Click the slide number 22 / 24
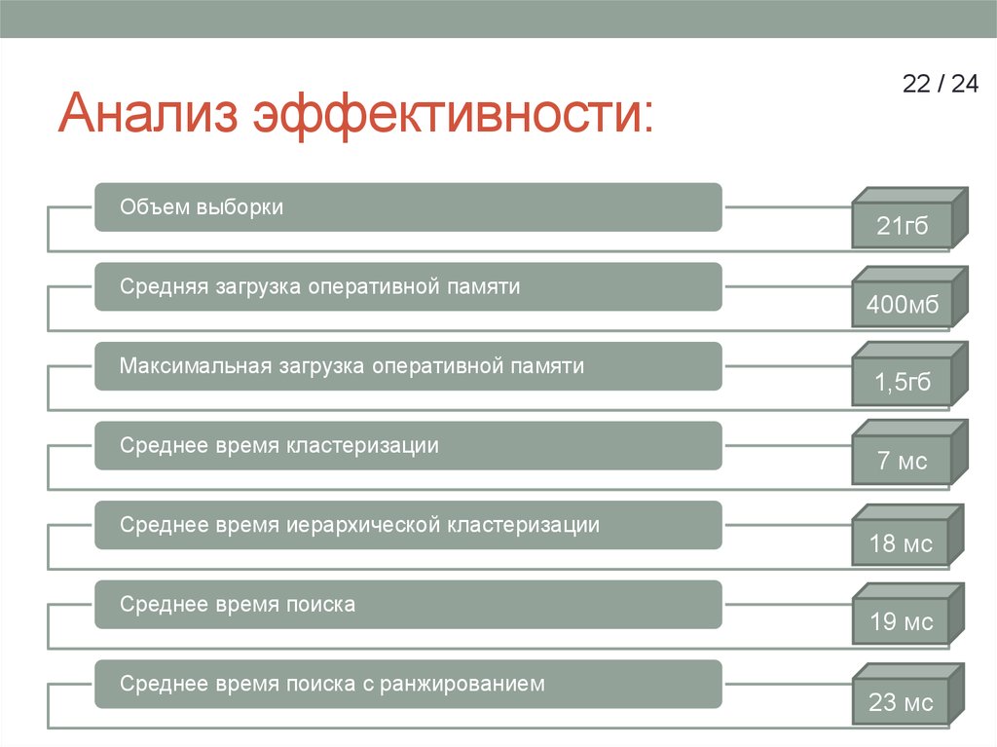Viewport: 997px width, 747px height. [940, 84]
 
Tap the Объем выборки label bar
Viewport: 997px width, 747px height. [408, 207]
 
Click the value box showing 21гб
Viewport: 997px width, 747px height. [902, 228]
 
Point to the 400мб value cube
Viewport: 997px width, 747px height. [902, 308]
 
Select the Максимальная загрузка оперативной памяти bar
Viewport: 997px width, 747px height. [408, 367]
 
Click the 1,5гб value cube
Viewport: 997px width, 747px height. [902, 383]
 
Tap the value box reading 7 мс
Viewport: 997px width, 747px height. [902, 462]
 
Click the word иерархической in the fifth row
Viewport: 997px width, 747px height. [364, 526]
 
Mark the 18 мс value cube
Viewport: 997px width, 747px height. [902, 542]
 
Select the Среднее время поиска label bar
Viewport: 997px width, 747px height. [408, 605]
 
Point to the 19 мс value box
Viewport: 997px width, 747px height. [902, 621]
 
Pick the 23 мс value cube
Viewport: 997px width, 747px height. [902, 702]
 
